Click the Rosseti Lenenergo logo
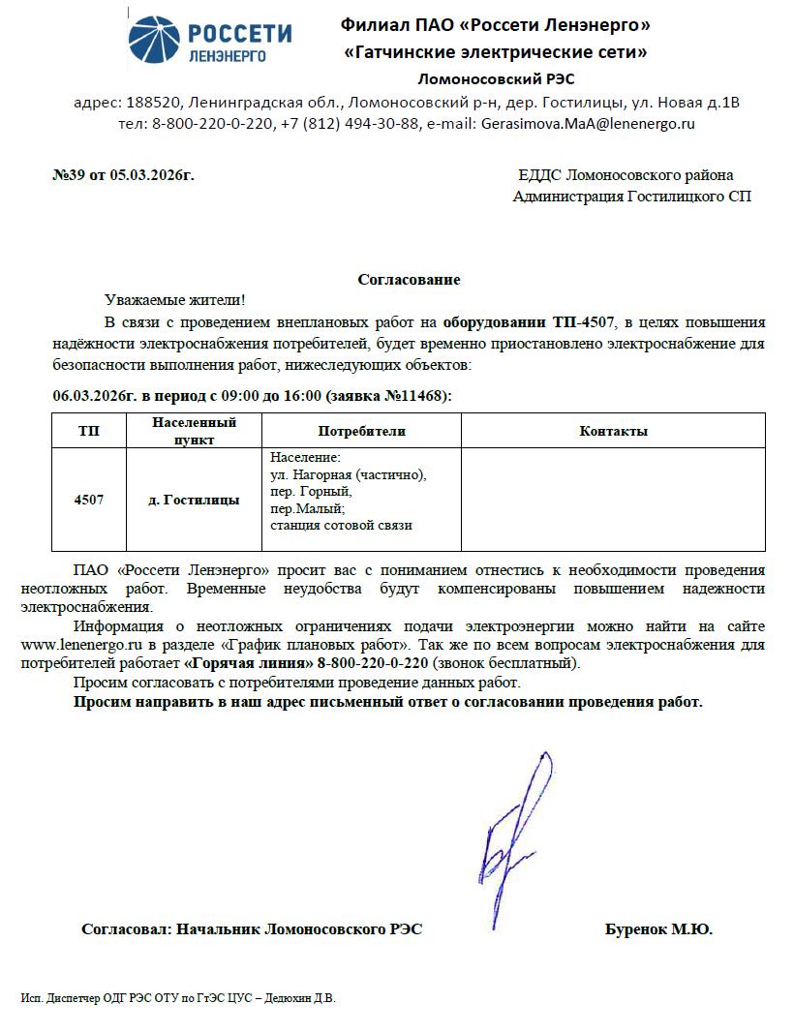tap(210, 41)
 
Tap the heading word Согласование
tap(409, 280)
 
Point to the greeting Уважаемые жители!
tap(174, 301)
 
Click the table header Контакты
tap(613, 431)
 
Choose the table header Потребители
tap(361, 431)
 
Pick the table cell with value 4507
tap(88, 500)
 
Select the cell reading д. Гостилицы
tap(194, 500)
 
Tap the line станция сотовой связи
tap(341, 525)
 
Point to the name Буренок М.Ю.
tap(658, 929)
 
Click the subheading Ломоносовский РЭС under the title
tap(496, 79)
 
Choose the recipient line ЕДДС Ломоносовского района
tap(626, 175)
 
